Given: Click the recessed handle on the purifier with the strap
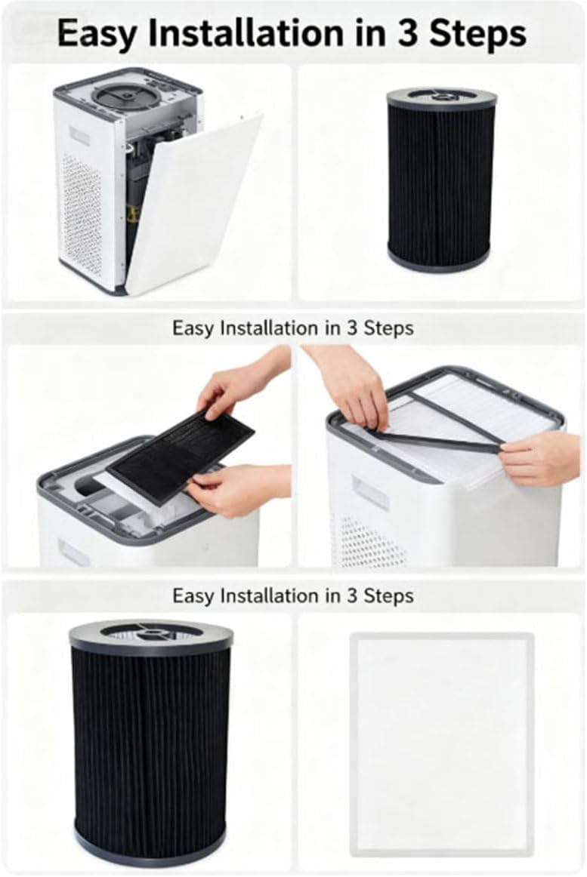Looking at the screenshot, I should point(370,494).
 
